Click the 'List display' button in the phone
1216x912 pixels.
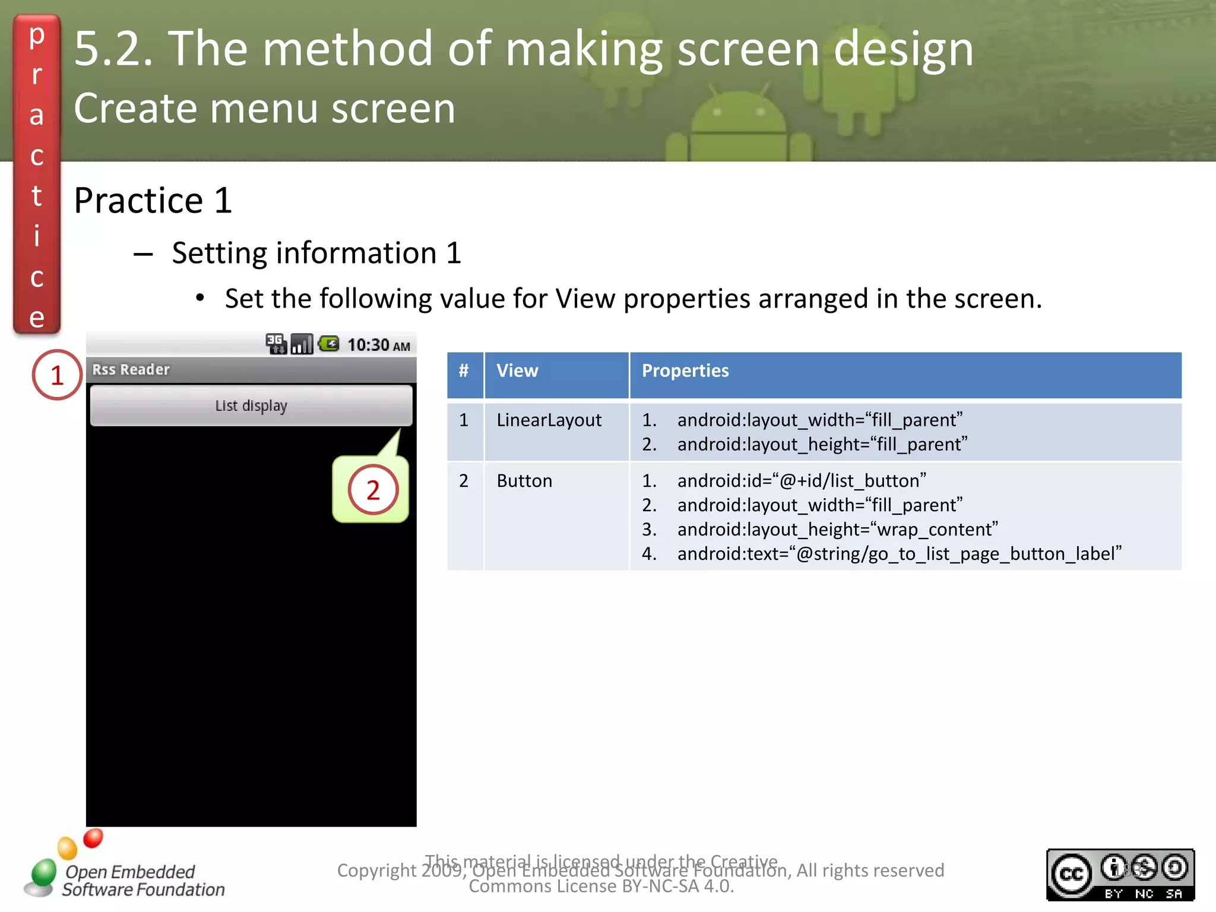point(251,406)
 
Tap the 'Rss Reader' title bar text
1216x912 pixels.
point(131,370)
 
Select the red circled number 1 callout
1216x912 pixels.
point(57,375)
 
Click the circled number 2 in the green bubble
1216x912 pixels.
point(373,490)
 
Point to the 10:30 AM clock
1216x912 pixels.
point(378,345)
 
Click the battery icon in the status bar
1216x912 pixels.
point(329,344)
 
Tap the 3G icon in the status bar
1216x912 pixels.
point(275,344)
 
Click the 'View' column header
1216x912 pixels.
point(518,371)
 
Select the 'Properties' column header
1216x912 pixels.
point(685,371)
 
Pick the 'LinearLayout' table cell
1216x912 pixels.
point(549,420)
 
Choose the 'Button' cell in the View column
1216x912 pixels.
point(524,481)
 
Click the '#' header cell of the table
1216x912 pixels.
point(464,371)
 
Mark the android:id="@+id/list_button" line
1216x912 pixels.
point(802,481)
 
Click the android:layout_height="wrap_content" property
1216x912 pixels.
point(837,530)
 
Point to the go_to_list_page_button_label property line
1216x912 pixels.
point(899,554)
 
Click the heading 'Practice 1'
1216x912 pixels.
point(153,201)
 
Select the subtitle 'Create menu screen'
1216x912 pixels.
point(265,109)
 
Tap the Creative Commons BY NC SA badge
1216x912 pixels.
point(1120,875)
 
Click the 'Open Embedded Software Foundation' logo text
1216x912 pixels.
point(142,881)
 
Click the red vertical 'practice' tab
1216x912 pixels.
point(37,175)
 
